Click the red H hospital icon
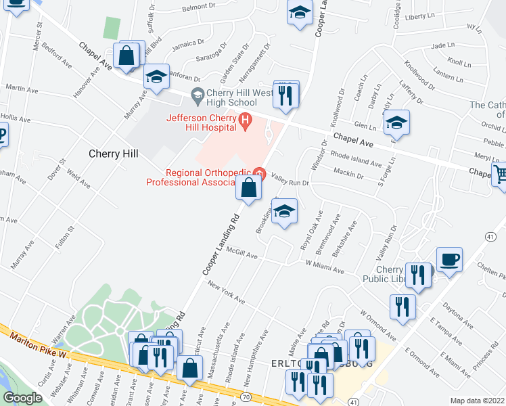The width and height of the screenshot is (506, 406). click(246, 122)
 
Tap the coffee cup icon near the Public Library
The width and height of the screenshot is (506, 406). click(450, 258)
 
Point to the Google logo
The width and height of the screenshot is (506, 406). click(23, 398)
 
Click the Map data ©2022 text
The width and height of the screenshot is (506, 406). click(476, 401)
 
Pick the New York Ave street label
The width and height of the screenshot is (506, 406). click(226, 292)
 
